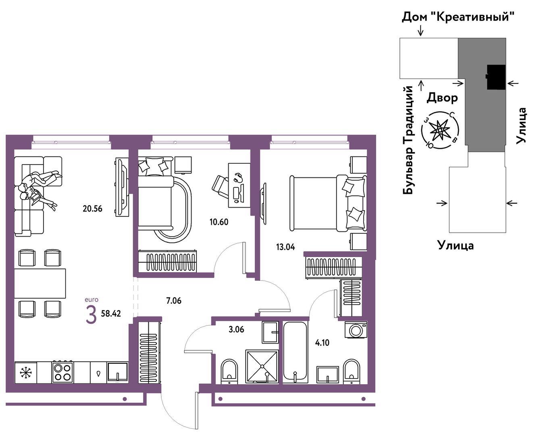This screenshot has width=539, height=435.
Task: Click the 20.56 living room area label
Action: (92, 209)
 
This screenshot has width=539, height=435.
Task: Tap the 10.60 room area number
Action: (219, 222)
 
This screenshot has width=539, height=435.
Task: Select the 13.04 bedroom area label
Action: (285, 247)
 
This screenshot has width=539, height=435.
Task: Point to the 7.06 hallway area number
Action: (174, 301)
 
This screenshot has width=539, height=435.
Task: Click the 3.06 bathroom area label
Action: (236, 329)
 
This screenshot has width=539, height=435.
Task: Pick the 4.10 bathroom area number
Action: (322, 343)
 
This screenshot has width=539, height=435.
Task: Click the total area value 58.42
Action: (111, 314)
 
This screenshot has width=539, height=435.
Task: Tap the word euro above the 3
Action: (92, 300)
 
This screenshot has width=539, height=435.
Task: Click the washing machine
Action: (356, 329)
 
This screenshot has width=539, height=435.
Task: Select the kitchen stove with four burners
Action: (62, 372)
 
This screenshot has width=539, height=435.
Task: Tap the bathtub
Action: (295, 352)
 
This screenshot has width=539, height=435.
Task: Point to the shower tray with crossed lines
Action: (262, 366)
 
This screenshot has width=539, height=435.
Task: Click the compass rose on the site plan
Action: (440, 130)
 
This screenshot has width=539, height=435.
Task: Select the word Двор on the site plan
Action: (442, 98)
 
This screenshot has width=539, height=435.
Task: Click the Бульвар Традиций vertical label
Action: (408, 140)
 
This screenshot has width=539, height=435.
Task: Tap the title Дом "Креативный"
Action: (458, 17)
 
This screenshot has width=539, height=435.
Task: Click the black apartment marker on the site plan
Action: (496, 77)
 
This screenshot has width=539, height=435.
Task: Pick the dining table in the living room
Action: (40, 283)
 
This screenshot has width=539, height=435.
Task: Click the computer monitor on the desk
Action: (242, 193)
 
